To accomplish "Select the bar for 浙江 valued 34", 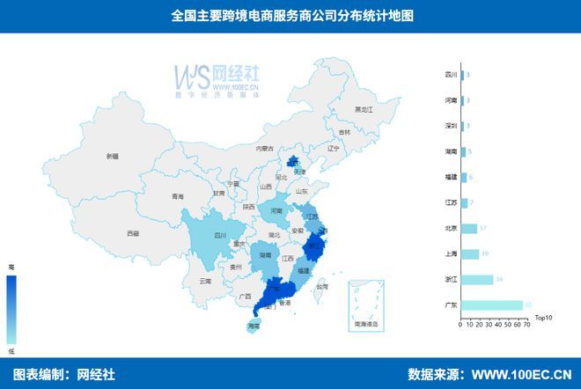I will click(x=476, y=280).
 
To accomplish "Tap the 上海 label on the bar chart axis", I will click(x=450, y=254).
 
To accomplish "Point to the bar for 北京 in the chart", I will click(x=468, y=228).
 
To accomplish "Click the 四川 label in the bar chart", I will click(x=450, y=76).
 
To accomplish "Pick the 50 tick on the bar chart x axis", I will click(x=508, y=325).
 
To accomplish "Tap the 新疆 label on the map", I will click(x=112, y=157).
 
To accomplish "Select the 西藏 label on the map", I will click(x=132, y=233).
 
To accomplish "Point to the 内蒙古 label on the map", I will click(x=265, y=149).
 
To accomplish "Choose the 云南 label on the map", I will click(x=205, y=281).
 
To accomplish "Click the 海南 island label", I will click(x=254, y=327).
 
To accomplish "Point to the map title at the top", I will click(x=290, y=16).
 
